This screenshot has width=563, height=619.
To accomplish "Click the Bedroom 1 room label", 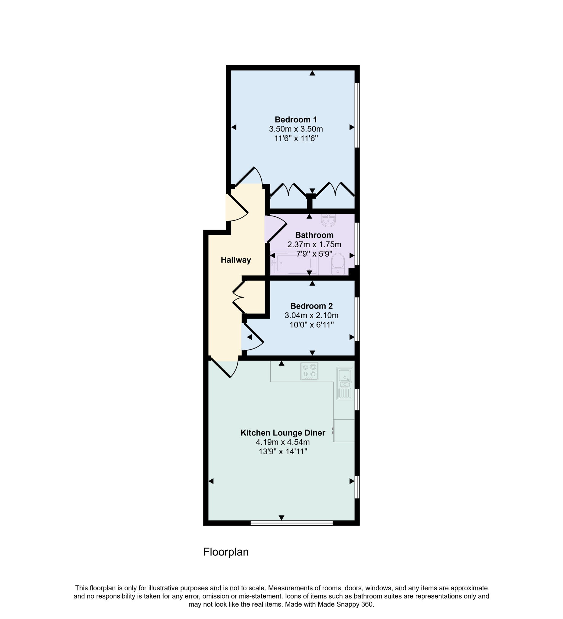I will [295, 119].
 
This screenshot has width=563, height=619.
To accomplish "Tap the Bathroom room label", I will [314, 235].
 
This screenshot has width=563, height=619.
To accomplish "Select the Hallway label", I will [236, 260].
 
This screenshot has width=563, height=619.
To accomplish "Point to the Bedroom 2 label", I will [311, 306].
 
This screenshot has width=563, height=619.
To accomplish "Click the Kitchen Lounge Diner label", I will [283, 433].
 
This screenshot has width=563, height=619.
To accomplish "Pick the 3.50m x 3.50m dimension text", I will [295, 129].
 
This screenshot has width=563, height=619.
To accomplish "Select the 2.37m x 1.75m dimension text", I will [314, 245].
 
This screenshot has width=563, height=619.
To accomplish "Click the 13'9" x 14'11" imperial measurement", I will [283, 452].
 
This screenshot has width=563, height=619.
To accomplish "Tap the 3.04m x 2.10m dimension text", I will [311, 315].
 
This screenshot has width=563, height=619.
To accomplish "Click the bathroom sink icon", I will [328, 220].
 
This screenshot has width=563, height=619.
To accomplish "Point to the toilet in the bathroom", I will [337, 264].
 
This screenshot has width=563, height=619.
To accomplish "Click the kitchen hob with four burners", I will [309, 371].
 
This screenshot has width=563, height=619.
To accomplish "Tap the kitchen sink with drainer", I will [345, 384].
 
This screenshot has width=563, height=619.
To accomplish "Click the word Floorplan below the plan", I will [226, 552].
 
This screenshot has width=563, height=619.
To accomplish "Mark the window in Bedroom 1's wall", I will [357, 115].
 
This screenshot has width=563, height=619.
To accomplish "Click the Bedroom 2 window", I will [357, 319].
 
